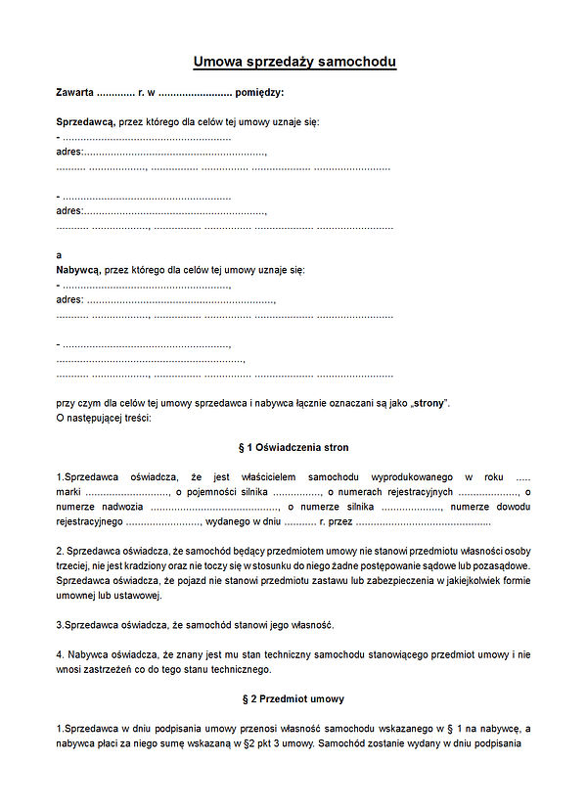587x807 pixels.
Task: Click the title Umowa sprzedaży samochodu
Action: pyautogui.click(x=294, y=63)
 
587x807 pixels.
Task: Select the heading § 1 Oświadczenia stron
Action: pyautogui.click(x=293, y=447)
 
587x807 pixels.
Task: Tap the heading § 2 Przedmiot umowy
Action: pyautogui.click(x=293, y=699)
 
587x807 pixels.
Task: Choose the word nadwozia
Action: pyautogui.click(x=119, y=507)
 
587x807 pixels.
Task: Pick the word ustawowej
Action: pyautogui.click(x=132, y=596)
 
